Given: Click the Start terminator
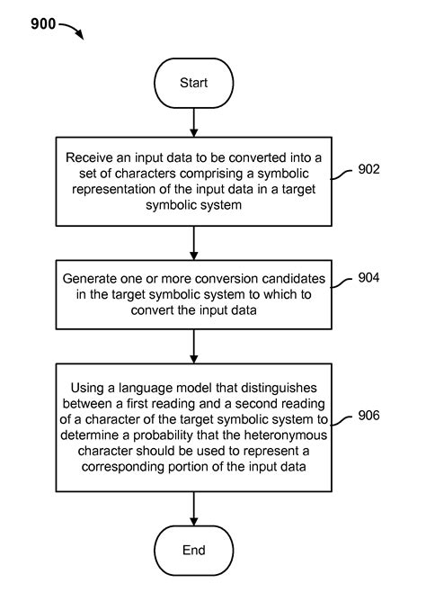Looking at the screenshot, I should tap(193, 83).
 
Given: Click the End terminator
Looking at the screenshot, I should tap(193, 550).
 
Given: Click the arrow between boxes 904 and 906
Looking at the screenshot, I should tap(193, 345).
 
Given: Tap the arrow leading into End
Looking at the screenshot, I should tap(193, 507).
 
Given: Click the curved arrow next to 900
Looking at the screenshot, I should tap(72, 30).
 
